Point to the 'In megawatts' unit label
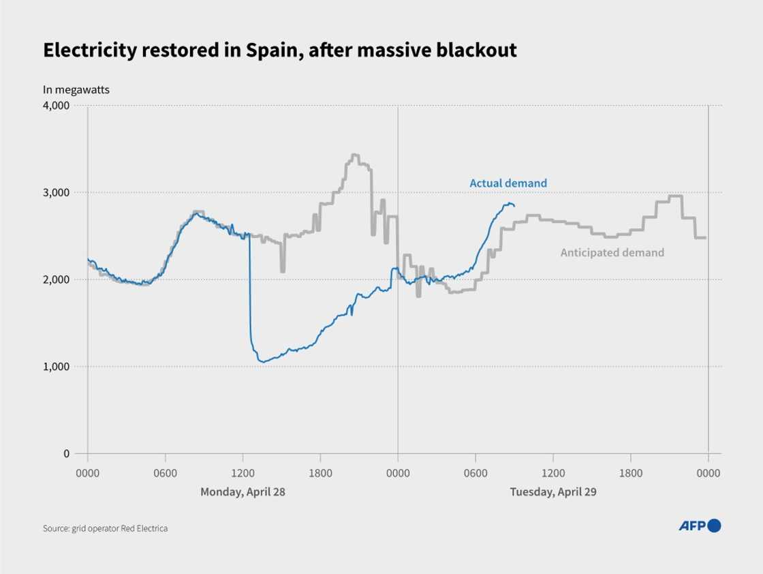click(76, 89)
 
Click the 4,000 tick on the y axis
click(57, 106)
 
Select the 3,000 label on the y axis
click(57, 193)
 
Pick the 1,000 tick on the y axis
click(57, 367)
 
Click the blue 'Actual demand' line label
click(508, 183)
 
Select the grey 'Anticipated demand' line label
click(612, 253)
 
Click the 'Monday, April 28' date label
click(243, 492)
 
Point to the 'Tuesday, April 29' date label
click(553, 492)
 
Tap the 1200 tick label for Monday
click(243, 472)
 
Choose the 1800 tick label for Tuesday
click(631, 472)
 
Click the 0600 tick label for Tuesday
click(476, 472)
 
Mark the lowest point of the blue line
click(263, 361)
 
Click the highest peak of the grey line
click(354, 155)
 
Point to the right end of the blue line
click(514, 205)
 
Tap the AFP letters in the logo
click(692, 526)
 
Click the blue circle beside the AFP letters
click(714, 526)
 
